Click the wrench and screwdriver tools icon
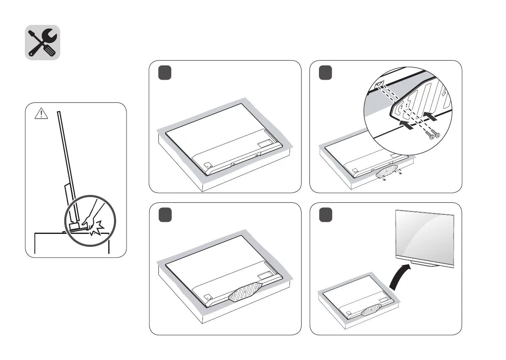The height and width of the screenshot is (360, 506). pos(43,42)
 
